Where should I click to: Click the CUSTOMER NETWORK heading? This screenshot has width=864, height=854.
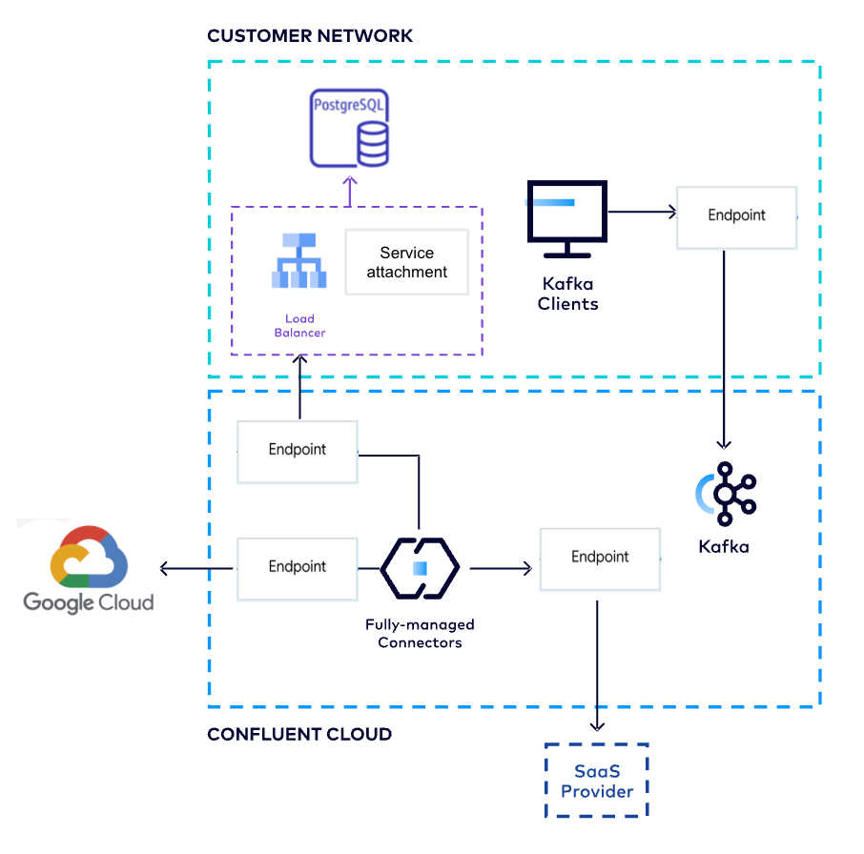(310, 36)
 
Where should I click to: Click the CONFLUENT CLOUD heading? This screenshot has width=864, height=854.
(298, 735)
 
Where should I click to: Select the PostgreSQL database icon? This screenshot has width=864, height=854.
(350, 129)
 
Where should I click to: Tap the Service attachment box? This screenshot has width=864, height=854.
(406, 262)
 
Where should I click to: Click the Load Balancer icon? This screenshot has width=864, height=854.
(298, 263)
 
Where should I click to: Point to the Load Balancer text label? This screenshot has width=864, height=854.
(299, 326)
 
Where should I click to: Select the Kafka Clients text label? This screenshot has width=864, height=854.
(567, 295)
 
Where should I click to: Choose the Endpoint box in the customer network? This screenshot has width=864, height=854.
(736, 216)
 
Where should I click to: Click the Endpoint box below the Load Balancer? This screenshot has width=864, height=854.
(297, 451)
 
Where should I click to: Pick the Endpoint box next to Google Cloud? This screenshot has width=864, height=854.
(297, 568)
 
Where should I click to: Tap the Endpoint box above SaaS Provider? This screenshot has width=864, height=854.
(600, 559)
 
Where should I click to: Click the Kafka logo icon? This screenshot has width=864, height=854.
(726, 494)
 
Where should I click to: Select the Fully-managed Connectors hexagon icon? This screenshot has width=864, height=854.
(420, 568)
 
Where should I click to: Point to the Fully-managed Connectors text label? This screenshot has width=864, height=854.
(420, 634)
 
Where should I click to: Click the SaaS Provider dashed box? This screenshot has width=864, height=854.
(596, 781)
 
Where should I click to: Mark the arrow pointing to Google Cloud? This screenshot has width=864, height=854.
(196, 569)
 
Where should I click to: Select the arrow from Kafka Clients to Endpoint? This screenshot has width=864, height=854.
(640, 213)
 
